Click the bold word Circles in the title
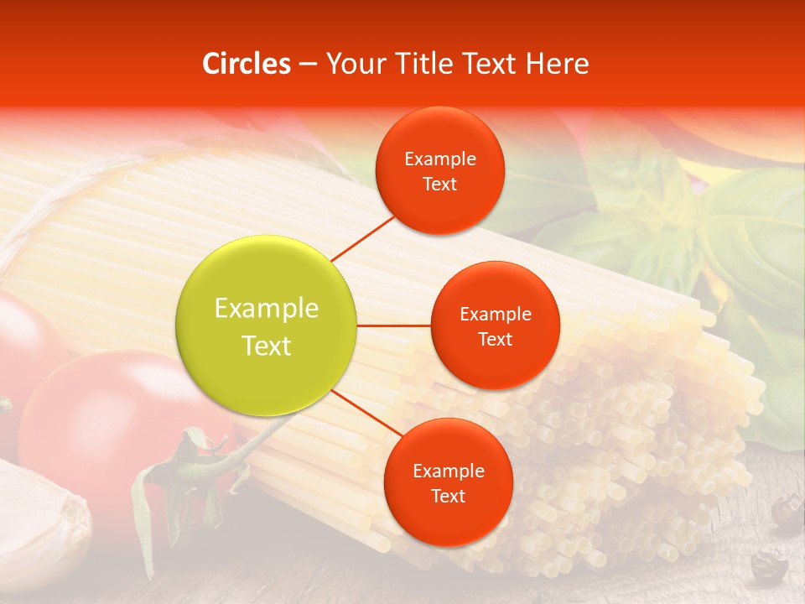click(247, 64)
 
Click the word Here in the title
click(557, 64)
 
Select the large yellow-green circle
click(267, 325)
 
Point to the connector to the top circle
click(364, 238)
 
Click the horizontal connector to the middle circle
click(394, 325)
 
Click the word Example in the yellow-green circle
click(267, 309)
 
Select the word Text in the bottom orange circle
click(448, 497)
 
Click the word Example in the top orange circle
click(439, 159)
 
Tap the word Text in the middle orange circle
click(495, 340)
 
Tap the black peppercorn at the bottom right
click(767, 566)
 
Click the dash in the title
click(308, 64)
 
